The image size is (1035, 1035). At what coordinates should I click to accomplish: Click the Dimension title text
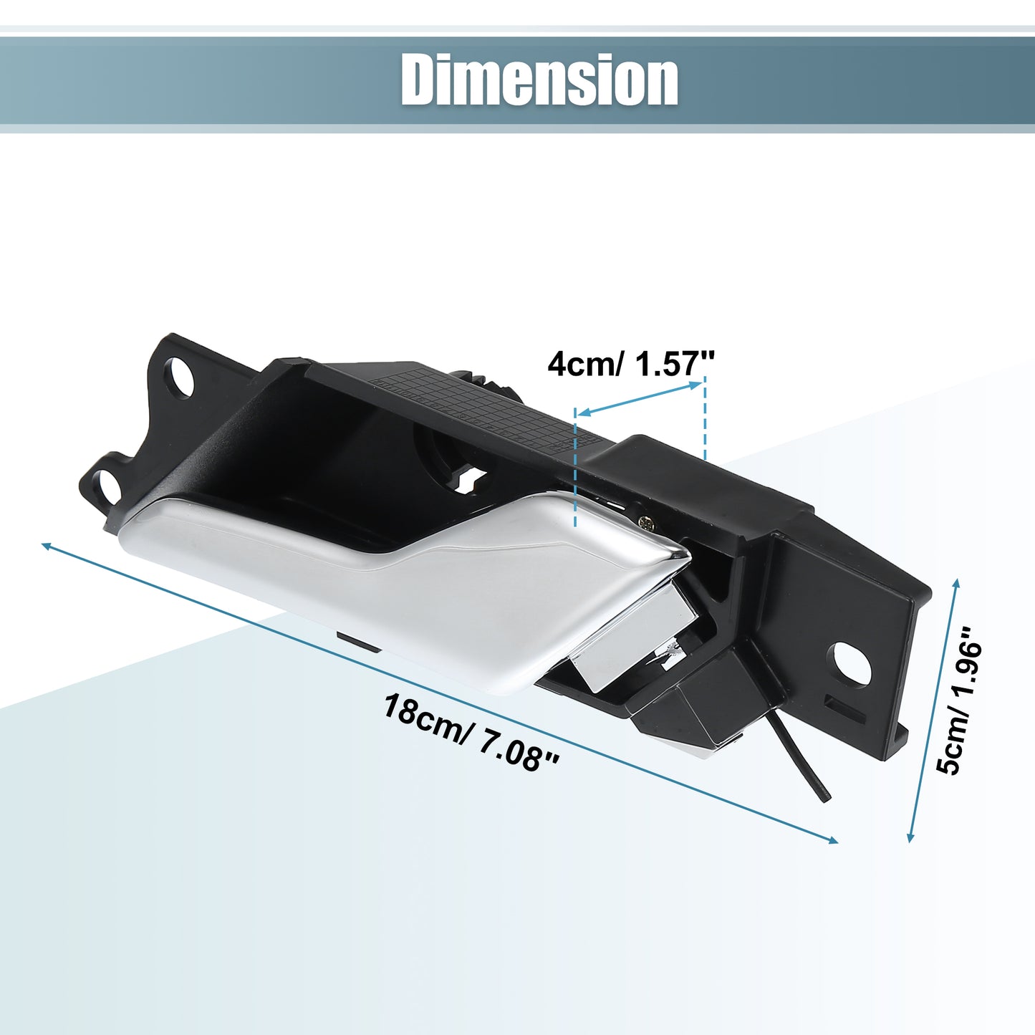coord(539,80)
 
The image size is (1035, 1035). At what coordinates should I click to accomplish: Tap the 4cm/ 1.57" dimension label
coord(632,365)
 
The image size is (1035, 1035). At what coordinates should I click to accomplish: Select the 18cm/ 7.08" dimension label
coord(471,733)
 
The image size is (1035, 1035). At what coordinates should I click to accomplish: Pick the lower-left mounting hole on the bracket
coord(106,486)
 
